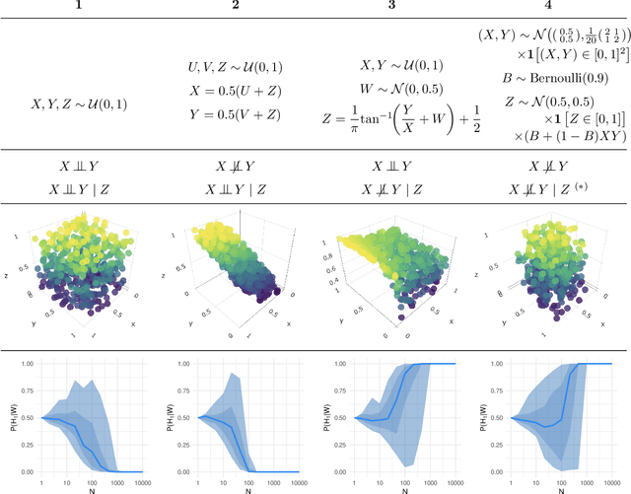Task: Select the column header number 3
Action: coord(392,7)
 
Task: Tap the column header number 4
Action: coord(549,7)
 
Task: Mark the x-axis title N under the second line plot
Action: coord(246,490)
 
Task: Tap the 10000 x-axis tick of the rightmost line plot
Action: coord(609,480)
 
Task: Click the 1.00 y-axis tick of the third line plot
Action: coord(343,364)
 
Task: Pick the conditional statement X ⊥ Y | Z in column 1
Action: coord(83,186)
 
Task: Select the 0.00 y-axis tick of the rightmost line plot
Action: coord(498,471)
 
